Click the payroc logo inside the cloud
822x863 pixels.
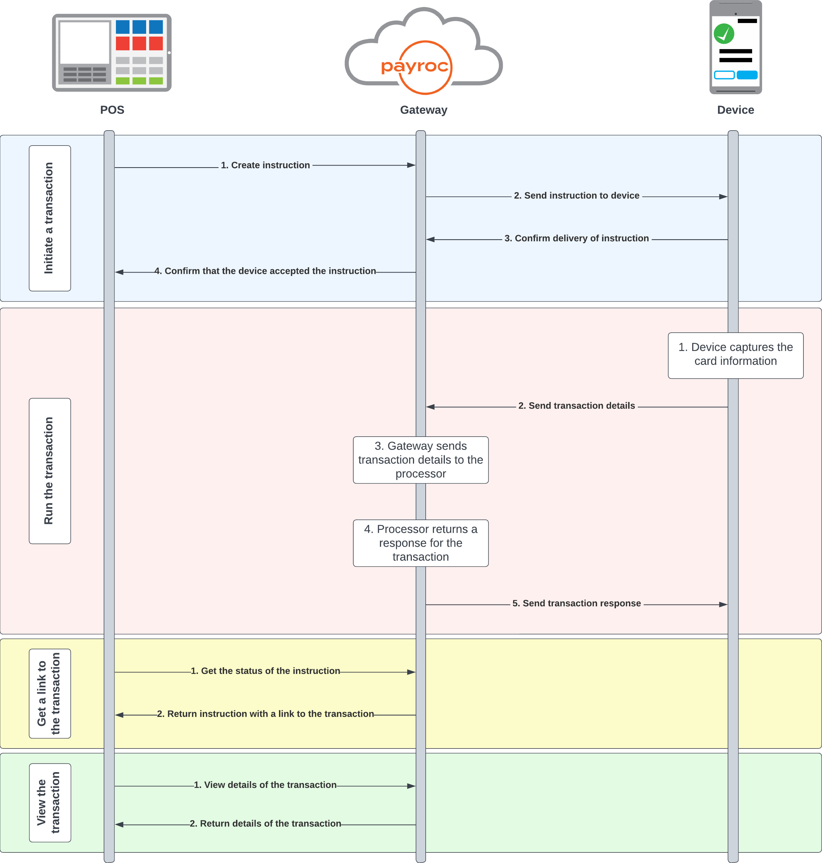click(415, 67)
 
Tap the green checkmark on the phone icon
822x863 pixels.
click(724, 34)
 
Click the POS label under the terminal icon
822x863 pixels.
click(112, 110)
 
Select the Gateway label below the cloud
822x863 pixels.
click(423, 110)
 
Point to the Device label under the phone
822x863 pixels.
click(735, 110)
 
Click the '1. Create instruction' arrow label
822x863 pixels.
click(265, 165)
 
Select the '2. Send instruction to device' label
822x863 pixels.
click(576, 196)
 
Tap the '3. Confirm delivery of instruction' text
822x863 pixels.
click(576, 238)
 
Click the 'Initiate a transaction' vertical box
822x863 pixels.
click(50, 218)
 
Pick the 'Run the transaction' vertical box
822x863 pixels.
click(50, 471)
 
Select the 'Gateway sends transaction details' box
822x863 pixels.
click(421, 460)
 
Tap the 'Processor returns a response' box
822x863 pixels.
click(421, 543)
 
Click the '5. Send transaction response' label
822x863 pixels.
click(576, 604)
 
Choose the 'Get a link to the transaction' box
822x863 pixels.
click(50, 693)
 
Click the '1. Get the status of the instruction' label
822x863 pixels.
click(265, 671)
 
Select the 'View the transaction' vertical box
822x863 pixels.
click(50, 803)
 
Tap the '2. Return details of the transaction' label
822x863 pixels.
click(265, 824)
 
